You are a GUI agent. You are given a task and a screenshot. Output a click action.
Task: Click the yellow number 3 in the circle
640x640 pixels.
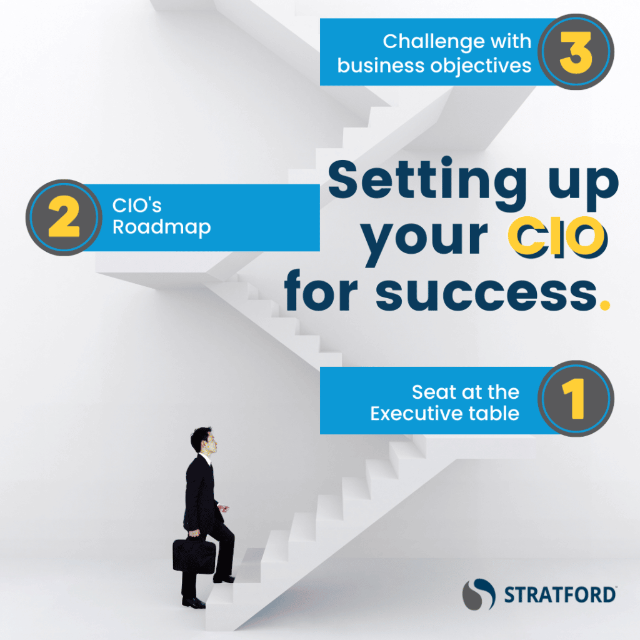coord(576,52)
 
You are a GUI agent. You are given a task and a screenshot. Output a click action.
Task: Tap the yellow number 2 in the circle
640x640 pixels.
coord(64,216)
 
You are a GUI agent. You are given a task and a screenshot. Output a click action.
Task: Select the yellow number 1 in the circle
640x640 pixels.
coord(575,398)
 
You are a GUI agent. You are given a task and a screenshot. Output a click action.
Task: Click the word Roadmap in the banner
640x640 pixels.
coord(162,227)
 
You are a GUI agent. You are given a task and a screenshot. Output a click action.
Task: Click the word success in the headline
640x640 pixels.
coord(486,292)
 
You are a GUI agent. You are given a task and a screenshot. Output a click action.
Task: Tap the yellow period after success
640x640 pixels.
coord(605,305)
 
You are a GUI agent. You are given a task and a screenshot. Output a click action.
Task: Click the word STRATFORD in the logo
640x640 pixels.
coord(559,595)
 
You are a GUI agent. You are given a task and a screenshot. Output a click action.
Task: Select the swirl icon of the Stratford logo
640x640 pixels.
coord(479,594)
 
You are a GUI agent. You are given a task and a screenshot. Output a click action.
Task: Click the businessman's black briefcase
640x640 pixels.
coord(194,556)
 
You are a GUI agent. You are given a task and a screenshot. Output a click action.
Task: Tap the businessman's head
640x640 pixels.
coord(204,441)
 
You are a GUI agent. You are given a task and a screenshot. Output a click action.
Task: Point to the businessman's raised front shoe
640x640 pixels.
coord(224,579)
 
